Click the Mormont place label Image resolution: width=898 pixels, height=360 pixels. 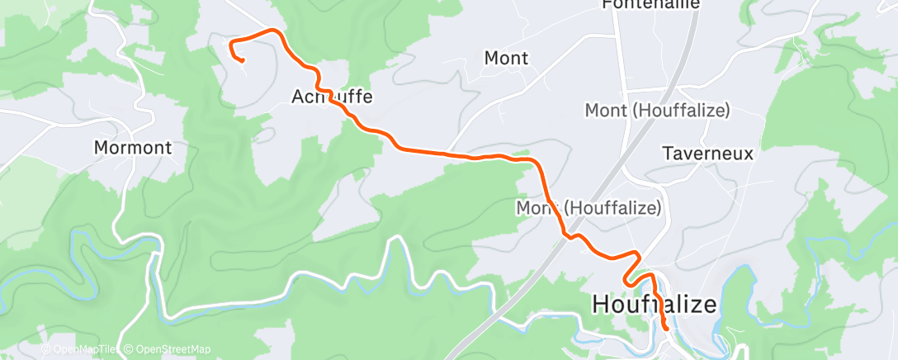point(133,149)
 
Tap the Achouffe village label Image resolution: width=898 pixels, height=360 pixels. point(333,97)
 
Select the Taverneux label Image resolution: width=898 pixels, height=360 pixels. point(709,154)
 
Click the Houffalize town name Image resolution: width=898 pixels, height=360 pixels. point(655,305)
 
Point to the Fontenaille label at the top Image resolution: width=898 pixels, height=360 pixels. point(651,4)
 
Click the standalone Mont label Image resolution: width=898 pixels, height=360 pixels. point(506,58)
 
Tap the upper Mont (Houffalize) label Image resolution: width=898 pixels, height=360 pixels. point(657,110)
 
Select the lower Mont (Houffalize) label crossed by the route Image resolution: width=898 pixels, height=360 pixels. point(588,208)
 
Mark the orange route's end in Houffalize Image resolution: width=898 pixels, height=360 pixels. point(666,329)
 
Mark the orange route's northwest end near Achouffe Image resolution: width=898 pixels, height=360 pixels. point(243,60)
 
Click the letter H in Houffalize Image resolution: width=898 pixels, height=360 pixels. point(601,305)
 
